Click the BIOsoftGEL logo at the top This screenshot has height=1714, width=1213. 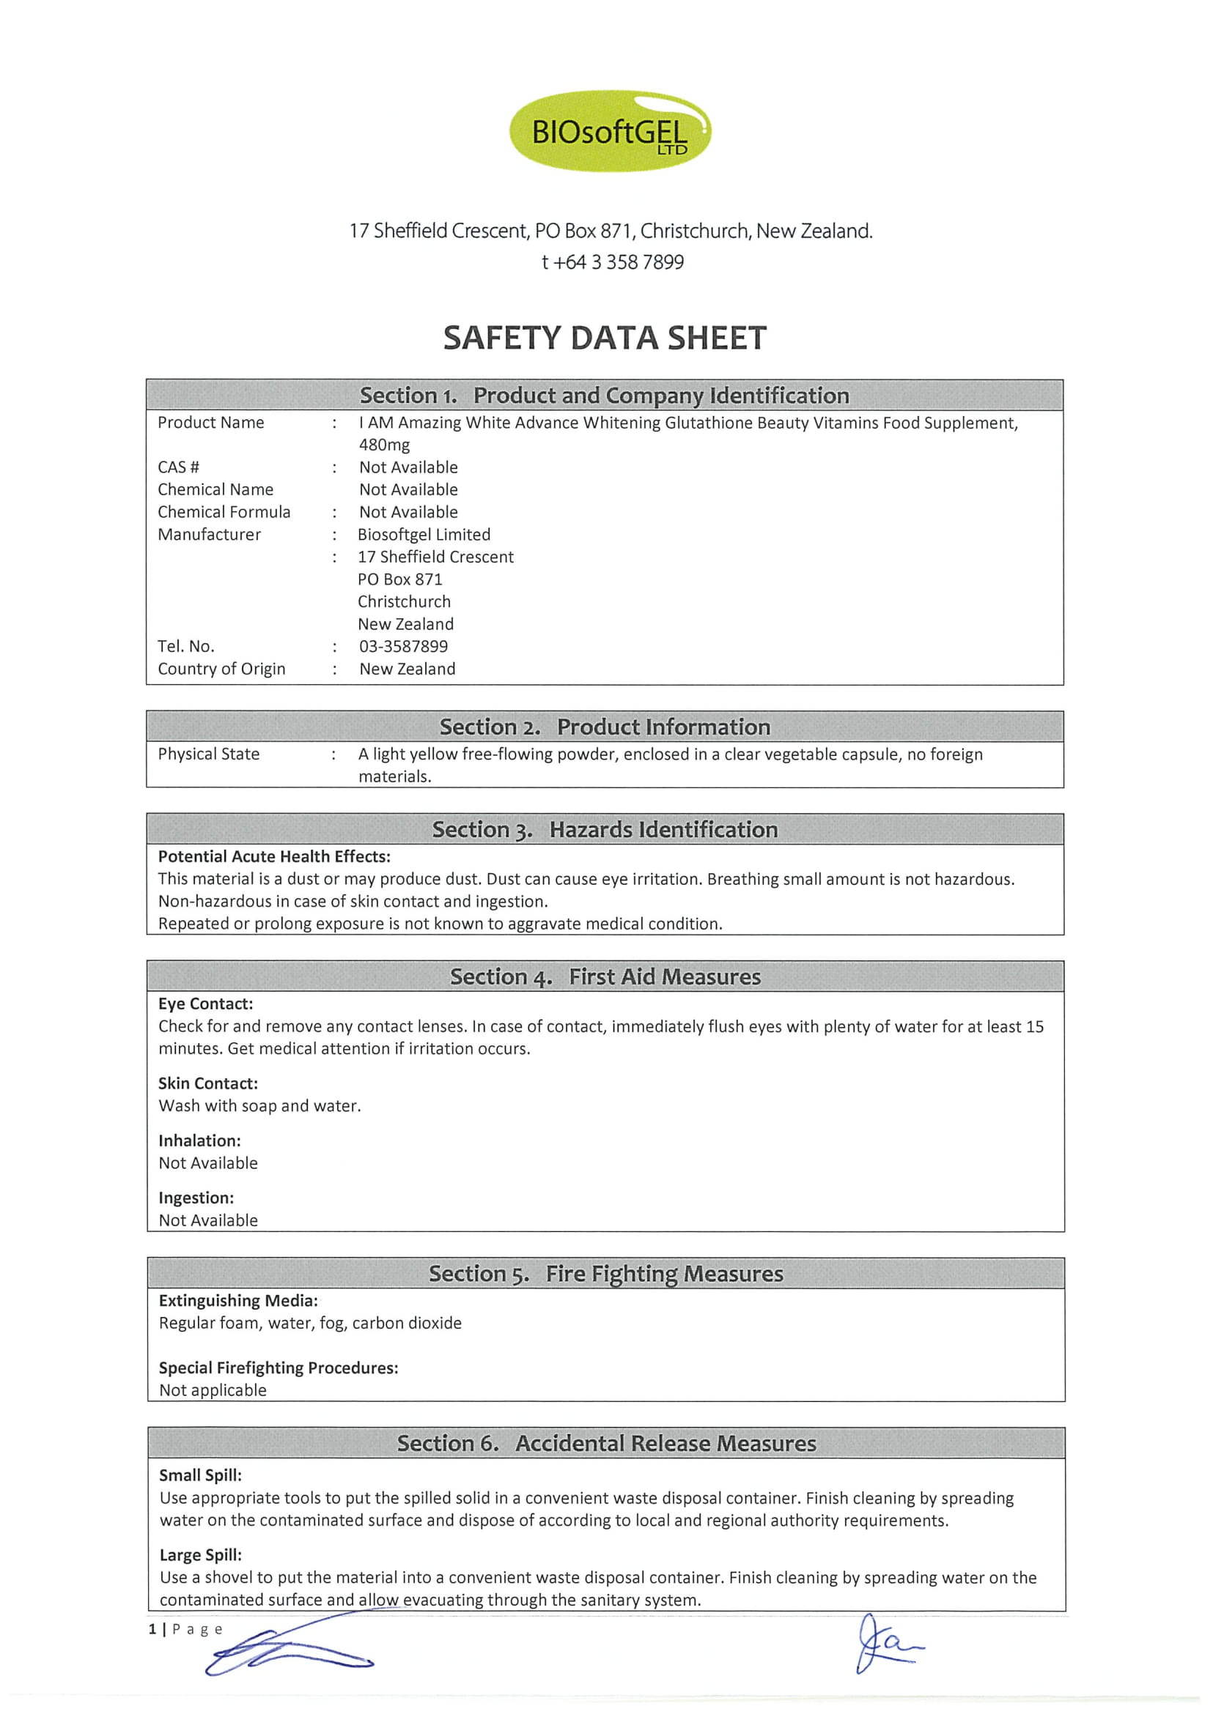coord(610,131)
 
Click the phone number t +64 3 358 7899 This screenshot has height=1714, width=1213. coord(613,262)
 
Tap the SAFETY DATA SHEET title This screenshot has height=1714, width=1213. coord(604,338)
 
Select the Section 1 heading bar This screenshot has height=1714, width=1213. coord(604,395)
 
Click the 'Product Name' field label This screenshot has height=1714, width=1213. coord(210,423)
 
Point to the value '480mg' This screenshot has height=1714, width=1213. coord(384,445)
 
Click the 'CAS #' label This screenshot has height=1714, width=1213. coord(179,467)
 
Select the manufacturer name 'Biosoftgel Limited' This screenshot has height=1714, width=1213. coord(424,535)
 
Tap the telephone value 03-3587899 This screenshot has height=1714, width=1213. coord(403,647)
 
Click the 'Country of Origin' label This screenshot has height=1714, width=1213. coord(221,669)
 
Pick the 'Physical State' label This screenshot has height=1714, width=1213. coord(208,754)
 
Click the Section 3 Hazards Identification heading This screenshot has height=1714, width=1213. coord(604,829)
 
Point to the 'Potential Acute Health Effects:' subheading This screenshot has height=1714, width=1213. coord(274,856)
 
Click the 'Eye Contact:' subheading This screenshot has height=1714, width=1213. coord(205,1003)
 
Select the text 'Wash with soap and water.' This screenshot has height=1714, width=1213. coord(259,1105)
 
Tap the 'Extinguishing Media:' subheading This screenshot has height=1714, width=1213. coord(238,1300)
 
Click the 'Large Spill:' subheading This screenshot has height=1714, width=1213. coord(200,1555)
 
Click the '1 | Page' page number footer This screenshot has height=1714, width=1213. coord(185,1629)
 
